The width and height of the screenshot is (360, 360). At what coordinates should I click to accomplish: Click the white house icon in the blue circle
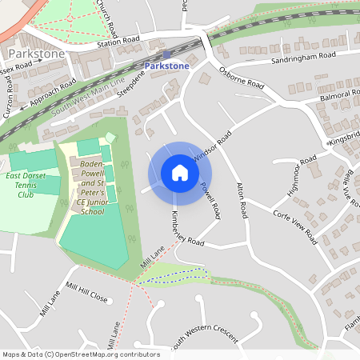click(x=180, y=173)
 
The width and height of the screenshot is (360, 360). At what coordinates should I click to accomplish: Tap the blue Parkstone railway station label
click(x=167, y=66)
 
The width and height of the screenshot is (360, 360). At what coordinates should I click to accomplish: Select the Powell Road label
click(x=210, y=200)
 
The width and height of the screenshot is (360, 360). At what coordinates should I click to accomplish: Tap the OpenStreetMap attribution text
click(x=80, y=354)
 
